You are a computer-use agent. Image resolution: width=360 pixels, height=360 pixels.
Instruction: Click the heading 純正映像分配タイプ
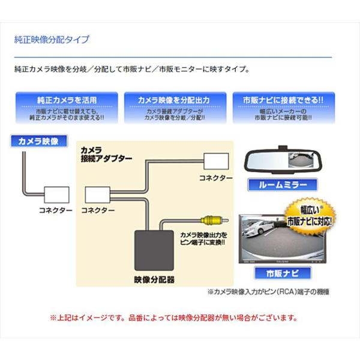click(x=52, y=40)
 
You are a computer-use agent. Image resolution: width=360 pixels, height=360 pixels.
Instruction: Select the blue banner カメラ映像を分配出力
click(x=175, y=99)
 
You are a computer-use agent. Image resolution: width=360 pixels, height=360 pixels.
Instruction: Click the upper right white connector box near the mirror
click(x=215, y=161)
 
